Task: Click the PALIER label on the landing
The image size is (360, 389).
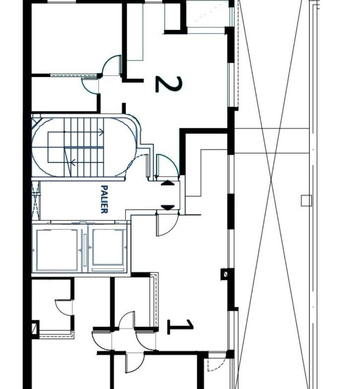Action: point(105,199)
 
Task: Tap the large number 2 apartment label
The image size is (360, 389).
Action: point(169,84)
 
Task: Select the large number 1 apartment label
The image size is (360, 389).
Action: point(180,327)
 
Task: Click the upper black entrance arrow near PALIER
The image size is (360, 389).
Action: point(168,183)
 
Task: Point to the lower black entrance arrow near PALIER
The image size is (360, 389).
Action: point(168,208)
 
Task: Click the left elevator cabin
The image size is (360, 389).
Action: point(57,250)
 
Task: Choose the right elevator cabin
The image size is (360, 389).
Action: point(108,250)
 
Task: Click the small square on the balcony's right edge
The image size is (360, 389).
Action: point(306,201)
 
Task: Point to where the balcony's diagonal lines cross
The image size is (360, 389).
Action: point(271,179)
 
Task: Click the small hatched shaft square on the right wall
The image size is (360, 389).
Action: point(226,274)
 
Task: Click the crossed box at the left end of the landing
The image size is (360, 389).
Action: point(36,201)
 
